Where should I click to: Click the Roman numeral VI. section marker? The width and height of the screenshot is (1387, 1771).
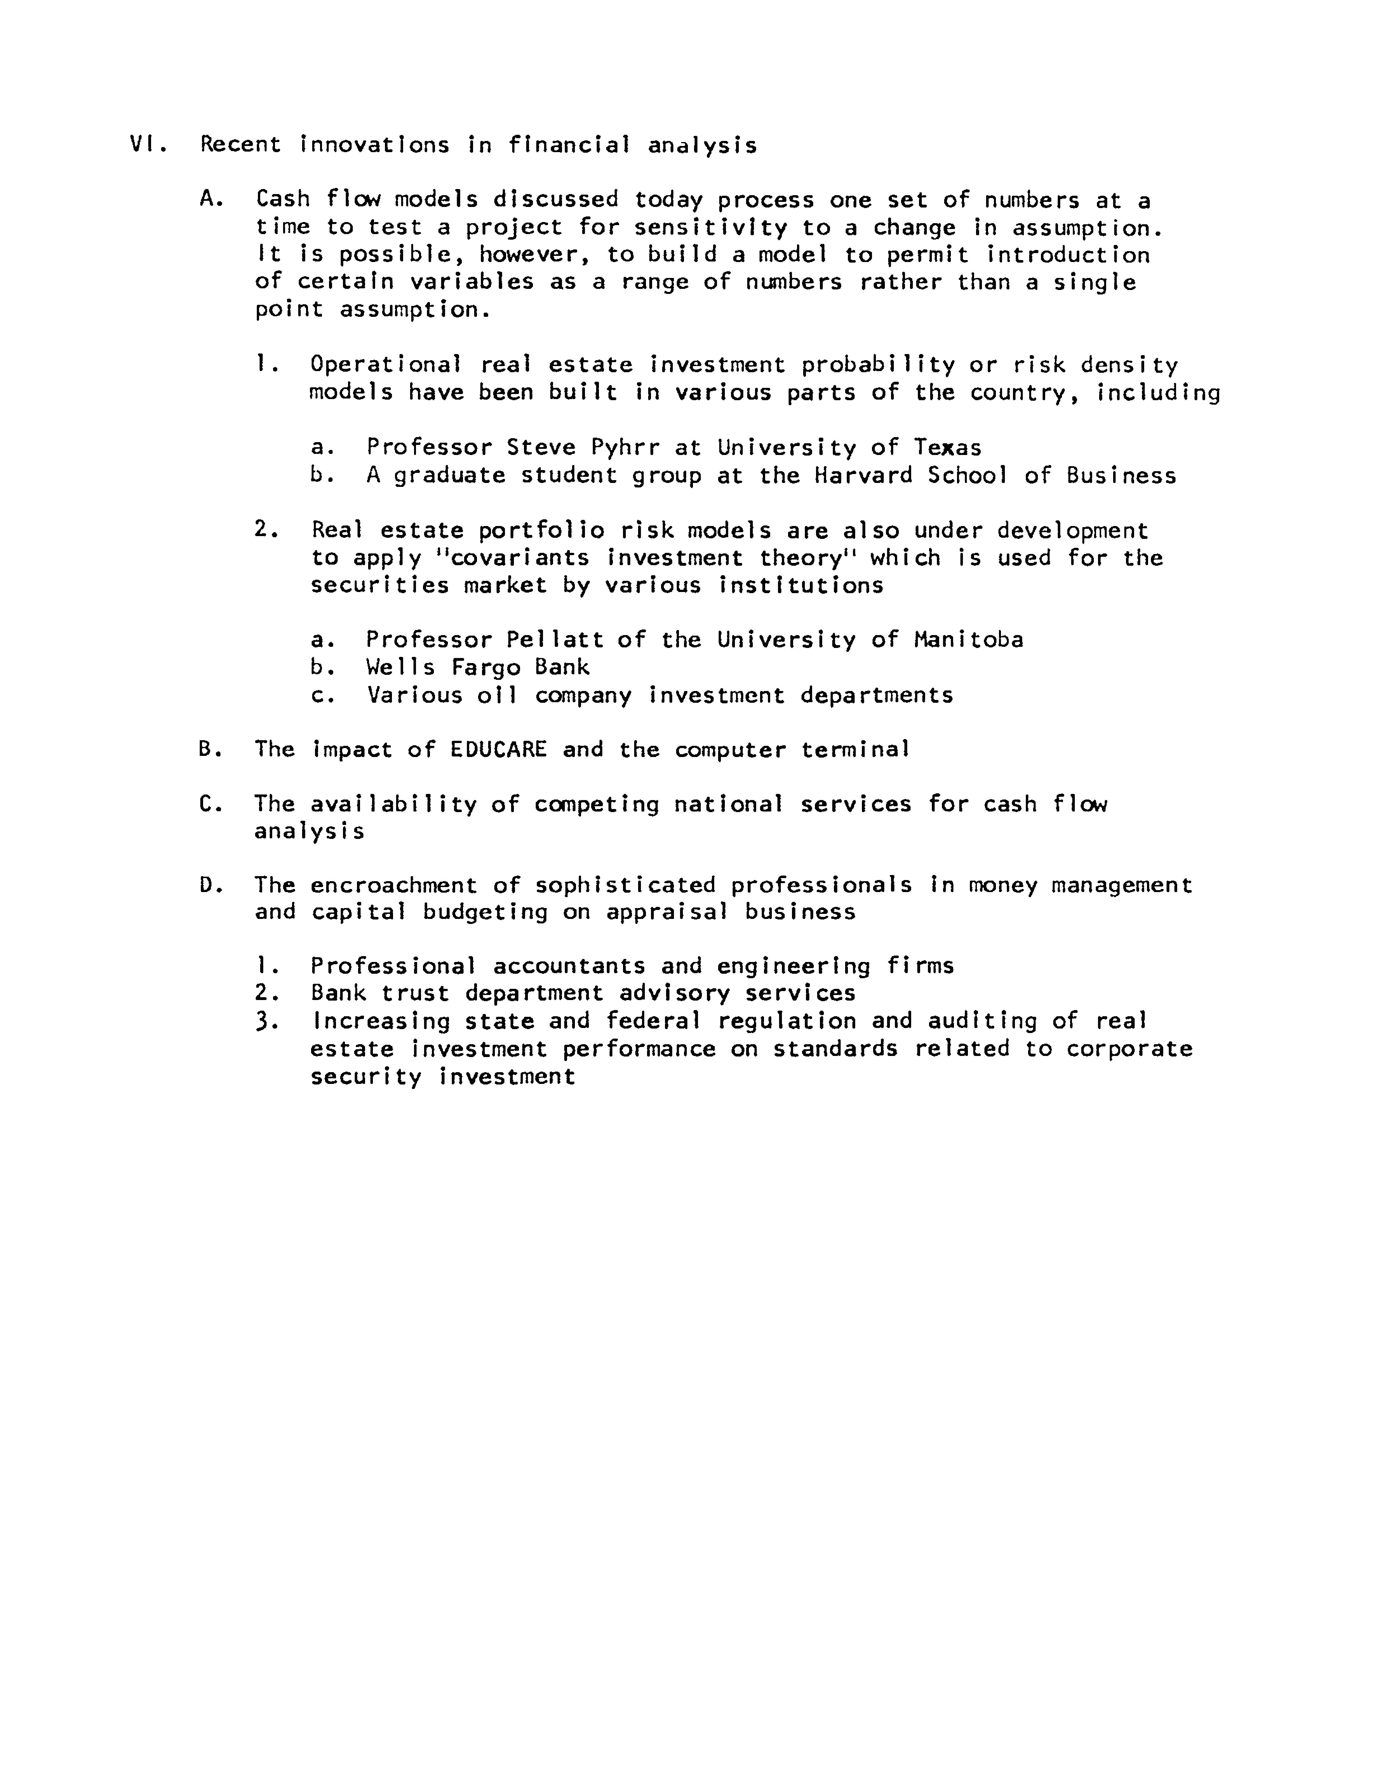148,145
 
